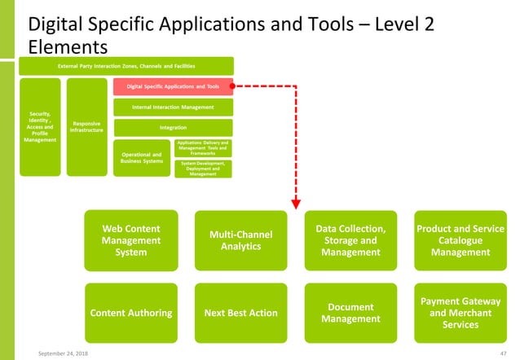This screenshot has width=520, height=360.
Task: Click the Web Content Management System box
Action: point(130,240)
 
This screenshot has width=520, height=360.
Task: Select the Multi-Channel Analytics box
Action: point(240,240)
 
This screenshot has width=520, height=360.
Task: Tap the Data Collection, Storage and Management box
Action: point(350,240)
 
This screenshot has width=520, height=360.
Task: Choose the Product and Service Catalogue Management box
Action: point(461,240)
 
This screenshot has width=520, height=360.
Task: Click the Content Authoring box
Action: point(130,313)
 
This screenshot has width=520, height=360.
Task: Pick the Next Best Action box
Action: point(240,313)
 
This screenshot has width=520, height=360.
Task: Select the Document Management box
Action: point(350,313)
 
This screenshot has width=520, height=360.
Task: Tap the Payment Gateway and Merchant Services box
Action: point(461,313)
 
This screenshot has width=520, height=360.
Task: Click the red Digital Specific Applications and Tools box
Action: point(172,86)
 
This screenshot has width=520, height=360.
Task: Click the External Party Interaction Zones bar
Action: point(126,65)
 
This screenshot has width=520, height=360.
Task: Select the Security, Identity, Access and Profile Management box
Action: point(40,127)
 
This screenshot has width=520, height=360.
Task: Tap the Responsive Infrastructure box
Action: point(87,127)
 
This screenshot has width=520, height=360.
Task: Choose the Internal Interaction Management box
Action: point(172,107)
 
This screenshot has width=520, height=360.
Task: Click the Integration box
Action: point(172,127)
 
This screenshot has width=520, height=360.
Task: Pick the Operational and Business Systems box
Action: point(141,157)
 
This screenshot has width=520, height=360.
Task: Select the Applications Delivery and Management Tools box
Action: point(204,147)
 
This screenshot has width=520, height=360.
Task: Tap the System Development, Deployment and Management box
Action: point(204,169)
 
